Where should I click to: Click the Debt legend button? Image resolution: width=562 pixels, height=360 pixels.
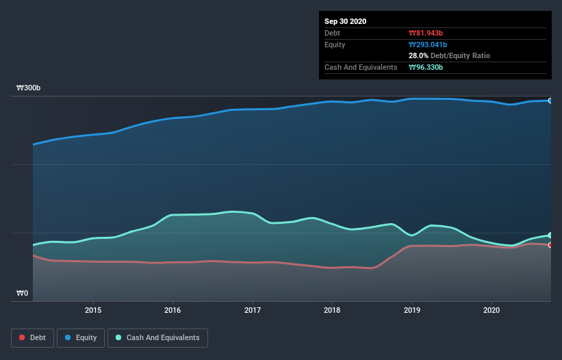[31, 337]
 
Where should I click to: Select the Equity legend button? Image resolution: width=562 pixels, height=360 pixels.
[81, 337]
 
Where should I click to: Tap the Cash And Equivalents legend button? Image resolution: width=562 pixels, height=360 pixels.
[157, 337]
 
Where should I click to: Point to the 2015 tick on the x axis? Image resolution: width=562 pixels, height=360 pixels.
[93, 310]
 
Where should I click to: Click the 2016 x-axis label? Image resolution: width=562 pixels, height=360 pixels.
[173, 310]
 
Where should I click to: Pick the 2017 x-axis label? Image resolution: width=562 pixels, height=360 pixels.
[253, 310]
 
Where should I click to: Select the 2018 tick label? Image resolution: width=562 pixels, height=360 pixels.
[332, 310]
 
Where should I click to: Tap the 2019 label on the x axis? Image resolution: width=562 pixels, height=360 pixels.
[412, 310]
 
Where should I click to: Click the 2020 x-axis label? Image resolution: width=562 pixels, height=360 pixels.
[491, 310]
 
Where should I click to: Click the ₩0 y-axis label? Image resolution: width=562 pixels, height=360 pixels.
[23, 294]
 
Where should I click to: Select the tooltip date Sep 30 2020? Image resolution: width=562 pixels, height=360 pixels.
[346, 21]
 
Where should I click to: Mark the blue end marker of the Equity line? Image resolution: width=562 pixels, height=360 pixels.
[550, 101]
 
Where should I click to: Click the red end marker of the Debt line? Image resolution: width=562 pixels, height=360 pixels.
[550, 245]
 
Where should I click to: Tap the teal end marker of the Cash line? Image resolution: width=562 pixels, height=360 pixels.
[550, 235]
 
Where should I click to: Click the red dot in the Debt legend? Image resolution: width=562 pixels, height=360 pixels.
[23, 337]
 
